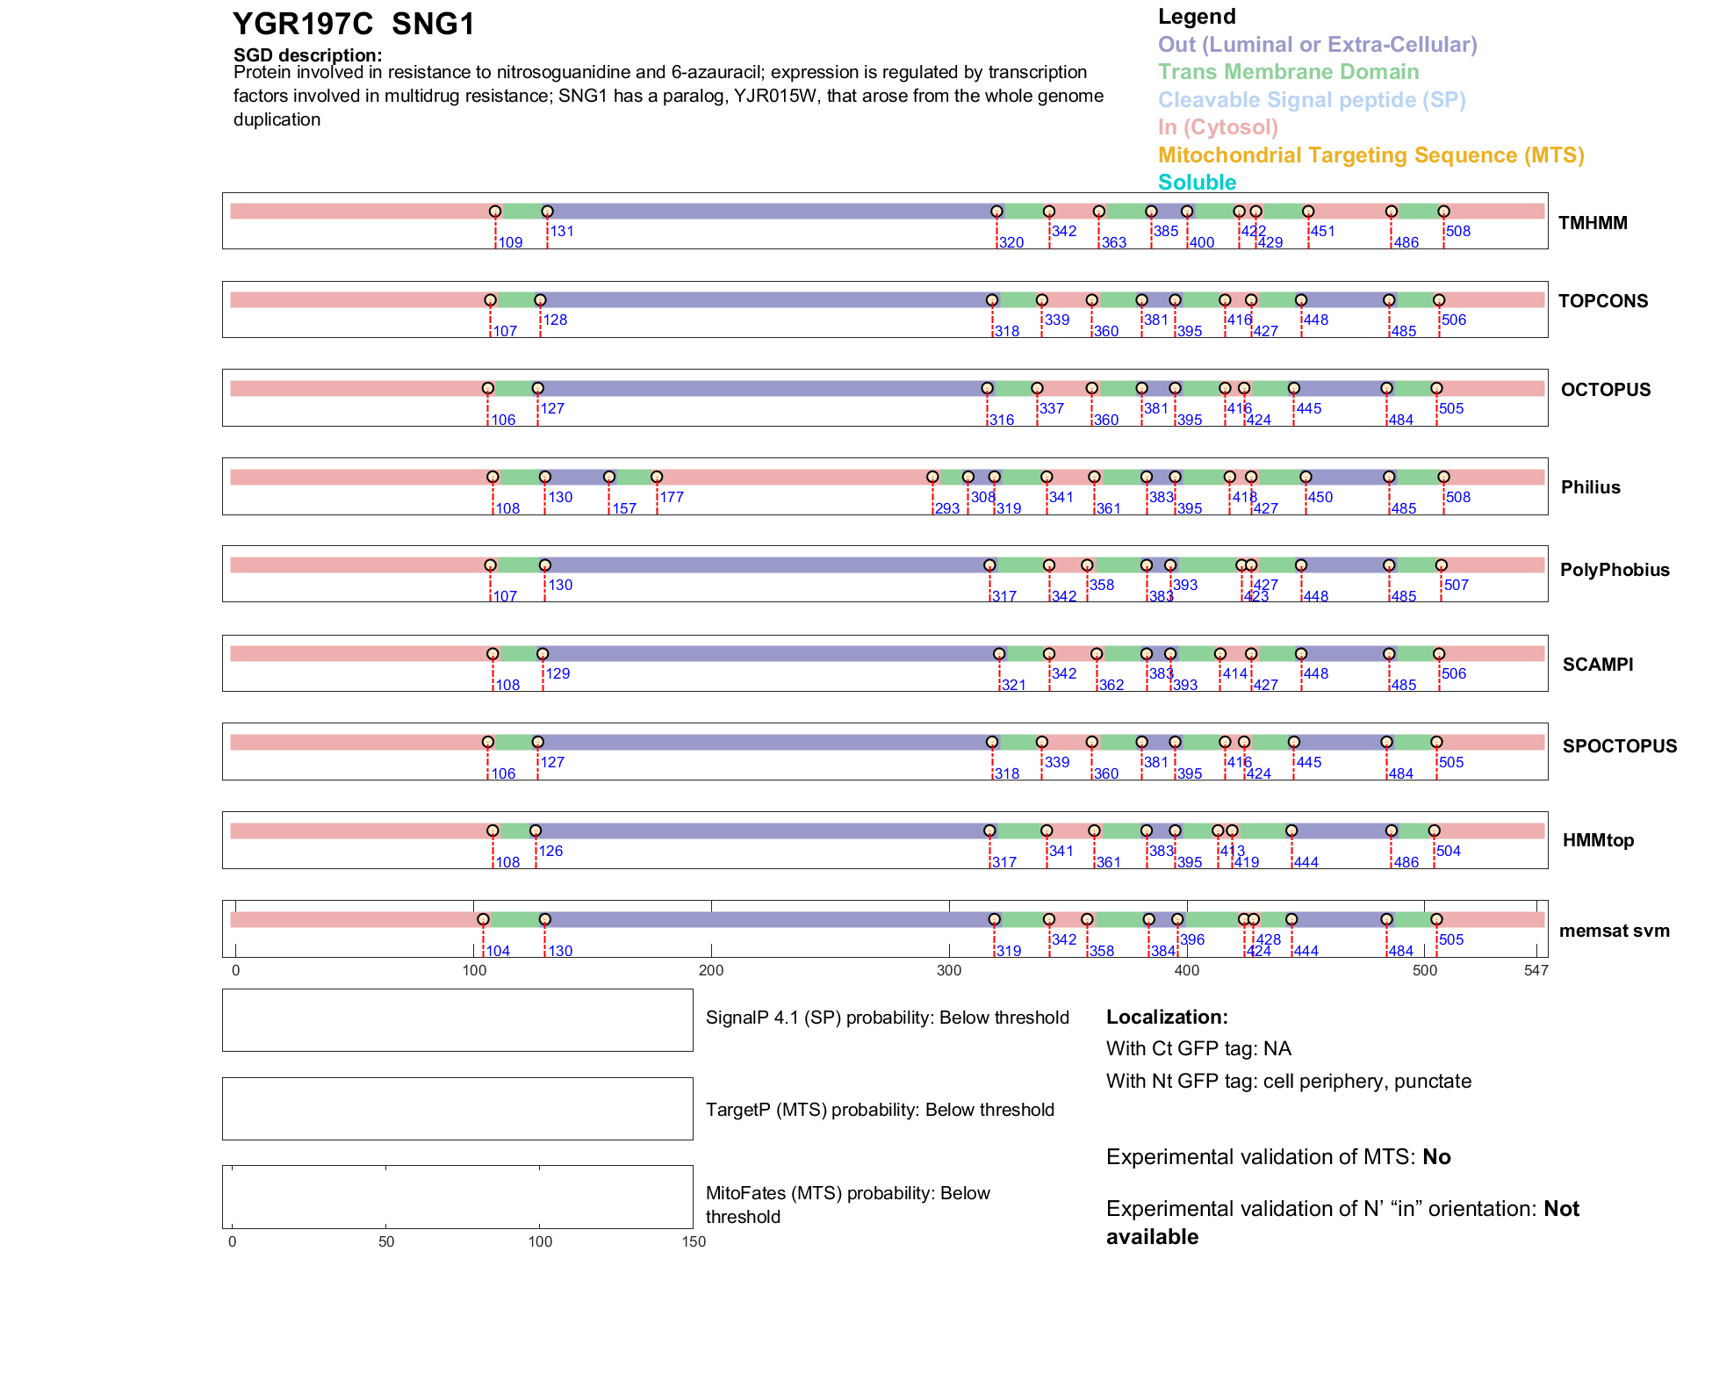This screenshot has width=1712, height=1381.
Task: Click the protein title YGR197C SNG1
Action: (353, 25)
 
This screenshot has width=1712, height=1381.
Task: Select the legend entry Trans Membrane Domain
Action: (1288, 72)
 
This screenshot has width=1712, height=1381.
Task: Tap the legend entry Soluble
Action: (1197, 183)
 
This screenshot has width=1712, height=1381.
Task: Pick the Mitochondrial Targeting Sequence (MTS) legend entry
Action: (1370, 155)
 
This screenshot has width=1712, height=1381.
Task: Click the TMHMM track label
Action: (1593, 223)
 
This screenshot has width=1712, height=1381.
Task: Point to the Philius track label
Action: (1590, 487)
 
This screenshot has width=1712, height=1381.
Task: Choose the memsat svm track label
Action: (1614, 931)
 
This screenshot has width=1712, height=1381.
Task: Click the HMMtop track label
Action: (1598, 840)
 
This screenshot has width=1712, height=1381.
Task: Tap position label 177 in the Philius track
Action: (672, 497)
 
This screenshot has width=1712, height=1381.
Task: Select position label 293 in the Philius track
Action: (946, 508)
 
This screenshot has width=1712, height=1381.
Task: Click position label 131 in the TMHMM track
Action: (562, 231)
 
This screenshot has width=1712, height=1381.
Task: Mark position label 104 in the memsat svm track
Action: (498, 951)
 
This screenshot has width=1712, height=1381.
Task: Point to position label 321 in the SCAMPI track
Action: (1013, 685)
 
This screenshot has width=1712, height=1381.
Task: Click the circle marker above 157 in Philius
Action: (609, 477)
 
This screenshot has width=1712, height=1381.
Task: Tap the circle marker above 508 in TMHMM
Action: (1443, 212)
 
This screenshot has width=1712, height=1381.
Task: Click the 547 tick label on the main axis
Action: (1536, 970)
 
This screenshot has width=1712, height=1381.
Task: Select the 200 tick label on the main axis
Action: (711, 970)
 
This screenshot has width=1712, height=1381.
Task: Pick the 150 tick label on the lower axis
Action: (694, 1241)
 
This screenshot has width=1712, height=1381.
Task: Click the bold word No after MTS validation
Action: (1436, 1157)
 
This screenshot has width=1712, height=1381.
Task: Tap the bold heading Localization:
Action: (1167, 1017)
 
